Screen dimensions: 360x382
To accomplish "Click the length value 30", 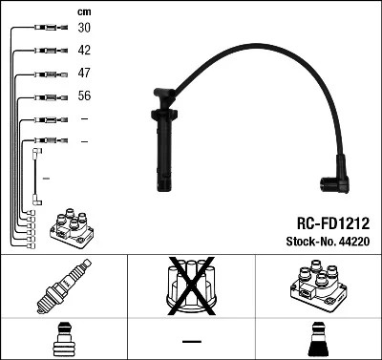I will [x=84, y=29].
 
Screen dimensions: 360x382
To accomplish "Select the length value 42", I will [x=84, y=51].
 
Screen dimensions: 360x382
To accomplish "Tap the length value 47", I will [x=84, y=73].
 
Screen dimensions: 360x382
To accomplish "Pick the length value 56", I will [x=84, y=95].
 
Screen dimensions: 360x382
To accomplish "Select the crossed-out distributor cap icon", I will [x=190, y=286].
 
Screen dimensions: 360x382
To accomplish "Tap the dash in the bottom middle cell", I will [x=191, y=341].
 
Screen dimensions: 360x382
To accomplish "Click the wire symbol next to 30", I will [x=44, y=29].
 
